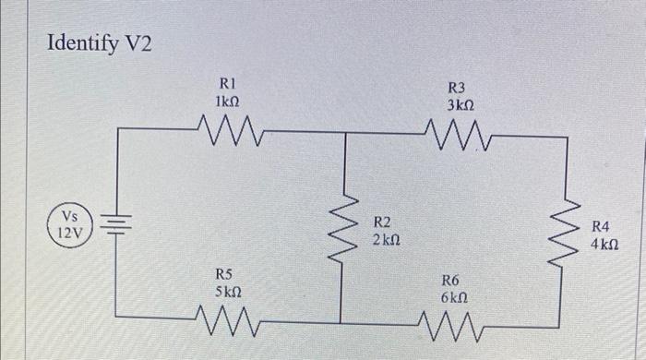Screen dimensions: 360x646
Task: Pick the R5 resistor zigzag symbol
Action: click(x=227, y=324)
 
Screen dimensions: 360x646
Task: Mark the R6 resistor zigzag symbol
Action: click(x=455, y=325)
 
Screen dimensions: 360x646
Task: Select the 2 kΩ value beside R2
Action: click(x=387, y=240)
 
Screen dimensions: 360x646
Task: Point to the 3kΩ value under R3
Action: click(x=461, y=106)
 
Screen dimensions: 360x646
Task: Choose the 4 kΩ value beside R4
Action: click(x=604, y=245)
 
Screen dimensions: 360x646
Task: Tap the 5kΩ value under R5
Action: click(x=228, y=291)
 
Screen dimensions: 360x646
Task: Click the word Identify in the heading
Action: click(x=80, y=45)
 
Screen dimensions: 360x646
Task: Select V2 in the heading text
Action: click(x=134, y=45)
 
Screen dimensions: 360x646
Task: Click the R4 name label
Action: click(x=601, y=226)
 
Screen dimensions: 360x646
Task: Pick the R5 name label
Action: click(x=224, y=273)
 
